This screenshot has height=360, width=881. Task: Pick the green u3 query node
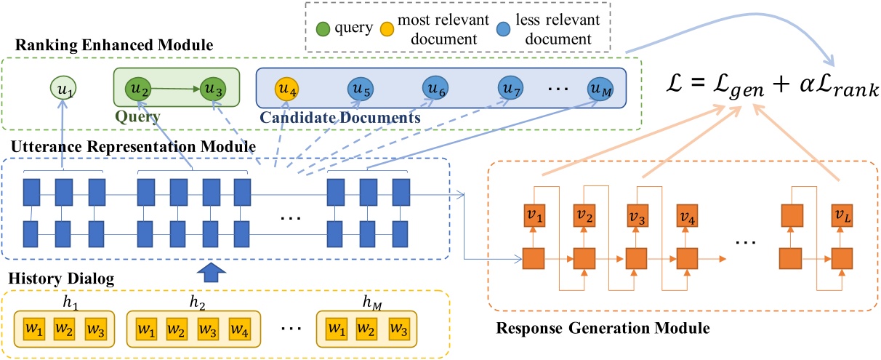coord(211,90)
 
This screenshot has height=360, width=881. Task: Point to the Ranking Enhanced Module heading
coord(107,45)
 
